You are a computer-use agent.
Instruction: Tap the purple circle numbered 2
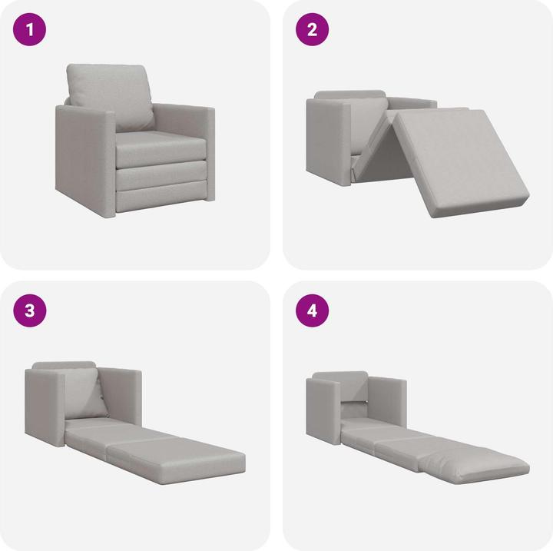click(x=313, y=31)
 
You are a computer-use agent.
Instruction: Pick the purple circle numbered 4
click(x=313, y=310)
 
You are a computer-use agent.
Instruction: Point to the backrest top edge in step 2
click(x=349, y=95)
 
